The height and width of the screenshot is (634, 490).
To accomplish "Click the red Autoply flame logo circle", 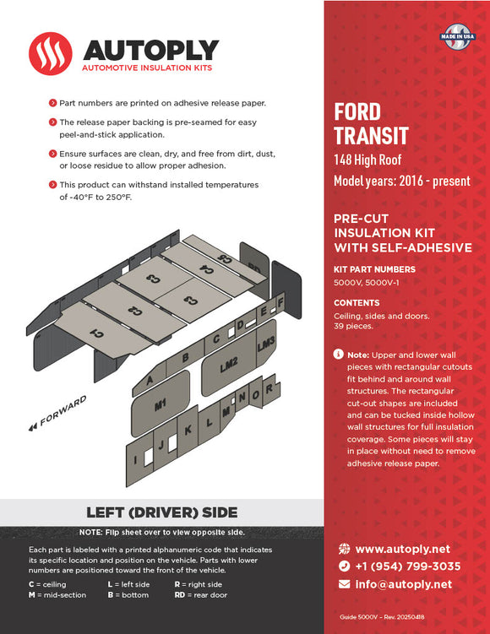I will coord(51,53).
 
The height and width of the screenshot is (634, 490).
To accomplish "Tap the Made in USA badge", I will coord(456,36).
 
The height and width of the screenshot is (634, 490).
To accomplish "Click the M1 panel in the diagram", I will coord(160,406).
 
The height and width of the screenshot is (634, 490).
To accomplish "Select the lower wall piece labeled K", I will coord(188,428).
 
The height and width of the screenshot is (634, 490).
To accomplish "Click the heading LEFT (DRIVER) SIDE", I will coord(162,512).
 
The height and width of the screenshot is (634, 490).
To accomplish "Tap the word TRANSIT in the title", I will coord(371,135).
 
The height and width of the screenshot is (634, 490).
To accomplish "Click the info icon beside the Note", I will coord(338,355).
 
